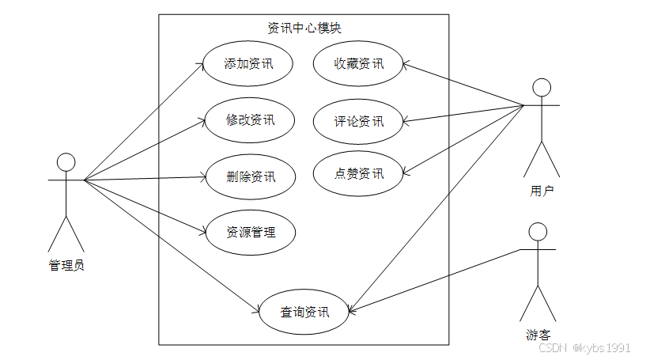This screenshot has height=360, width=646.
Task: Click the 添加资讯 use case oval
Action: pos(249,63)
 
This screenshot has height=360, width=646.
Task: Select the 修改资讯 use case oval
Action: pos(250,120)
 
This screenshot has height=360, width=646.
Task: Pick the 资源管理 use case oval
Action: pos(251,232)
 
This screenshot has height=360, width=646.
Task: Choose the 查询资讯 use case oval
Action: pos(304,312)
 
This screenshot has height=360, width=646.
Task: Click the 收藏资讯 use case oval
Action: pos(358,63)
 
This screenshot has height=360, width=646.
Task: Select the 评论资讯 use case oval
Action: pos(358,121)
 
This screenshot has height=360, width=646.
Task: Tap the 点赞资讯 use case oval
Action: pos(358,173)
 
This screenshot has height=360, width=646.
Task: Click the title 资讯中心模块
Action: pos(304,28)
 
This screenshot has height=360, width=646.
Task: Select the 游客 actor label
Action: pos(538,335)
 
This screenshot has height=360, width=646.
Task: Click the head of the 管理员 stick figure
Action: pos(66,162)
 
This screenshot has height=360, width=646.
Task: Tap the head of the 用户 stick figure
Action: pos(542,86)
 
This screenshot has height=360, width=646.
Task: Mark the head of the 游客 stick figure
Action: pos(538,231)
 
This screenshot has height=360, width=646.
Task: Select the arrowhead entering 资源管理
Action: pos(203,231)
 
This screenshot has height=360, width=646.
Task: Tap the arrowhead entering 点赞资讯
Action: pos(406,172)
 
